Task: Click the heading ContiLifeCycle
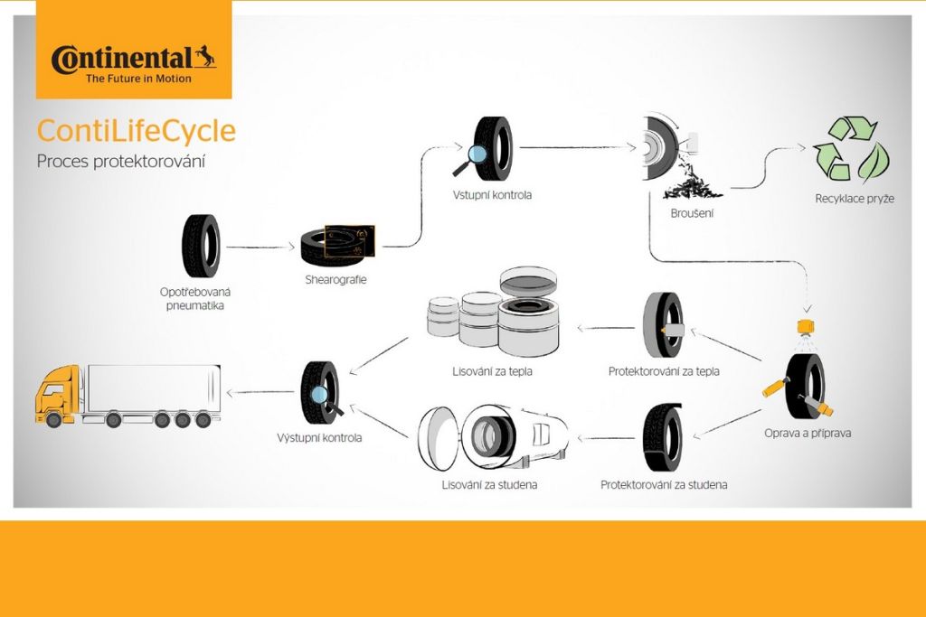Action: tap(136, 131)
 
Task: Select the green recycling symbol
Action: tap(851, 151)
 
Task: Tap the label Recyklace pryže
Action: tap(855, 198)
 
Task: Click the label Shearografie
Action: tap(335, 279)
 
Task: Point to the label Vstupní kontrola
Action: tap(492, 194)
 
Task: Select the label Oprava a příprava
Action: tap(808, 433)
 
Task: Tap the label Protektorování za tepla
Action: tap(664, 370)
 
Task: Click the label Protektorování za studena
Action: tap(664, 485)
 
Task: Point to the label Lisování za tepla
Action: tap(493, 370)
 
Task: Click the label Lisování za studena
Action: tap(489, 485)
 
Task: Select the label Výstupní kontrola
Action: tap(319, 438)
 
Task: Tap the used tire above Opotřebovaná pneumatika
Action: tap(201, 246)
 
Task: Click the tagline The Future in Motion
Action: tap(138, 79)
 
